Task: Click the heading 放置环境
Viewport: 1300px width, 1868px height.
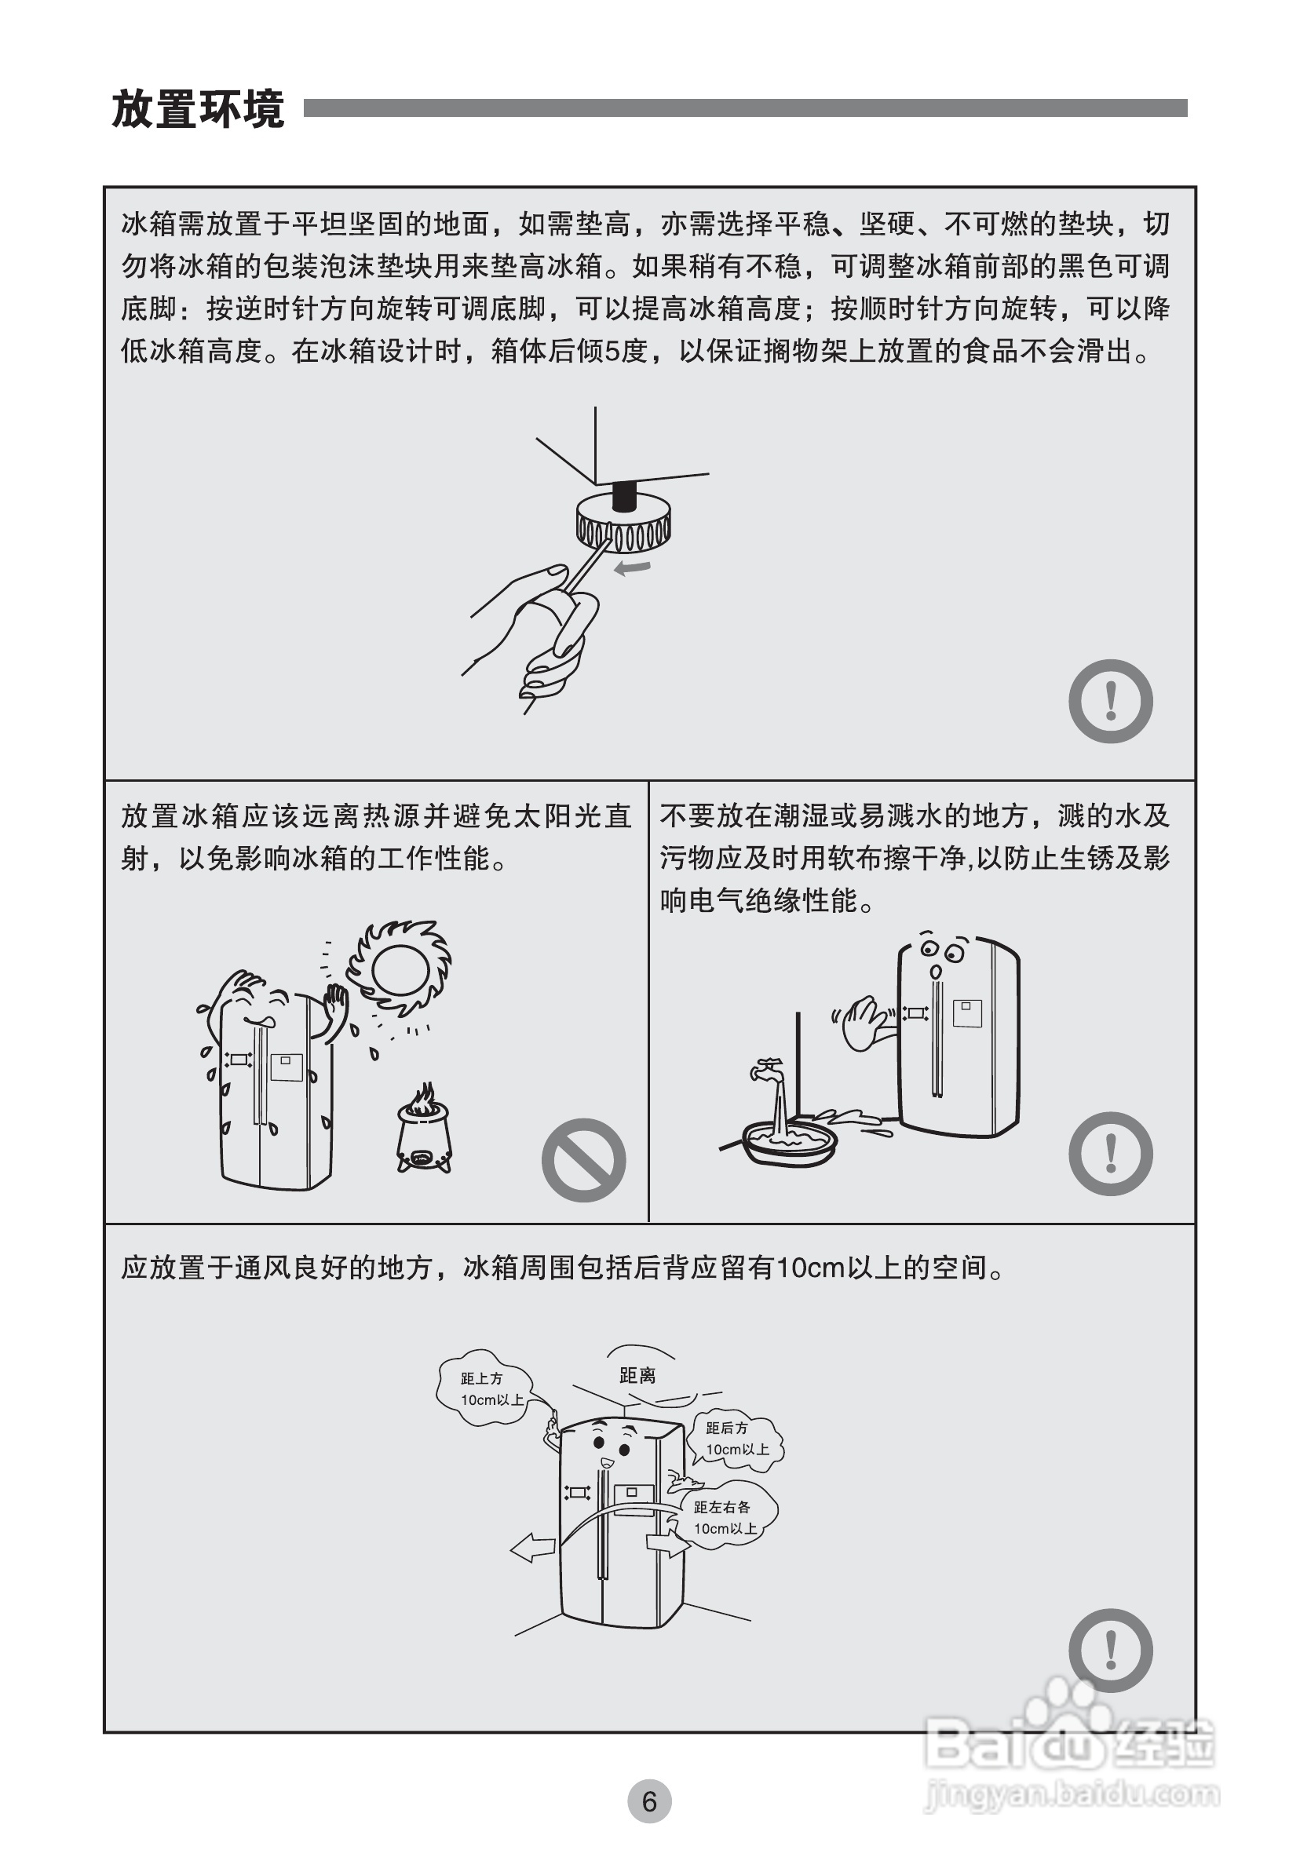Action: pos(198,109)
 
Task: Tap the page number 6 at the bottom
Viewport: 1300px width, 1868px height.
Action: pos(649,1802)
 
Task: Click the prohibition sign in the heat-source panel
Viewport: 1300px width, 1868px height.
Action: pos(583,1160)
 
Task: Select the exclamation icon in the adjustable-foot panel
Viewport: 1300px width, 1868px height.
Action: pos(1111,700)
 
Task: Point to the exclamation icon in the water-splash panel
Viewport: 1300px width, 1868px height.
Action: pos(1111,1154)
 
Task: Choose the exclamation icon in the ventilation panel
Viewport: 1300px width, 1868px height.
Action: pos(1111,1651)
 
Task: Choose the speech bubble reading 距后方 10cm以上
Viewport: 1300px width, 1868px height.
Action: pos(735,1439)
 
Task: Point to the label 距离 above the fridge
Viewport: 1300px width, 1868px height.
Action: pos(637,1375)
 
